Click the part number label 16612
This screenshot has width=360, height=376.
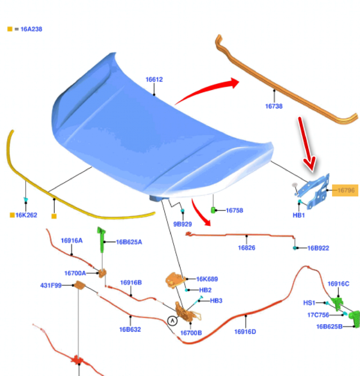tap(154, 80)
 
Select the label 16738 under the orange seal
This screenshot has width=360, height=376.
tap(274, 106)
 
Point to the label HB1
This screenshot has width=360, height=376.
tap(299, 215)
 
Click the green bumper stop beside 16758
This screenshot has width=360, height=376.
tap(213, 210)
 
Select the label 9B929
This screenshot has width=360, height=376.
tap(183, 224)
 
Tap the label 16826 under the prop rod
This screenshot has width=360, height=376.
tap(247, 248)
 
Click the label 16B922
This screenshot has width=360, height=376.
tap(318, 248)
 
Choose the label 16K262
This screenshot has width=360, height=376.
tap(26, 215)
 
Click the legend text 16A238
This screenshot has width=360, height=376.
tap(31, 29)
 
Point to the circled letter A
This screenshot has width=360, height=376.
tap(172, 320)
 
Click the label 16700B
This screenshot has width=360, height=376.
tap(191, 333)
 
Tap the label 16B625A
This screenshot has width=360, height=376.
tap(129, 242)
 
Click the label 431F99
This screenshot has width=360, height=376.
tap(51, 285)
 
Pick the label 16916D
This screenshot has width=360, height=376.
tap(245, 332)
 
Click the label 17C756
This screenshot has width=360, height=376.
tap(318, 315)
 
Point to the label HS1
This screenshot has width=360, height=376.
tap(309, 303)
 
